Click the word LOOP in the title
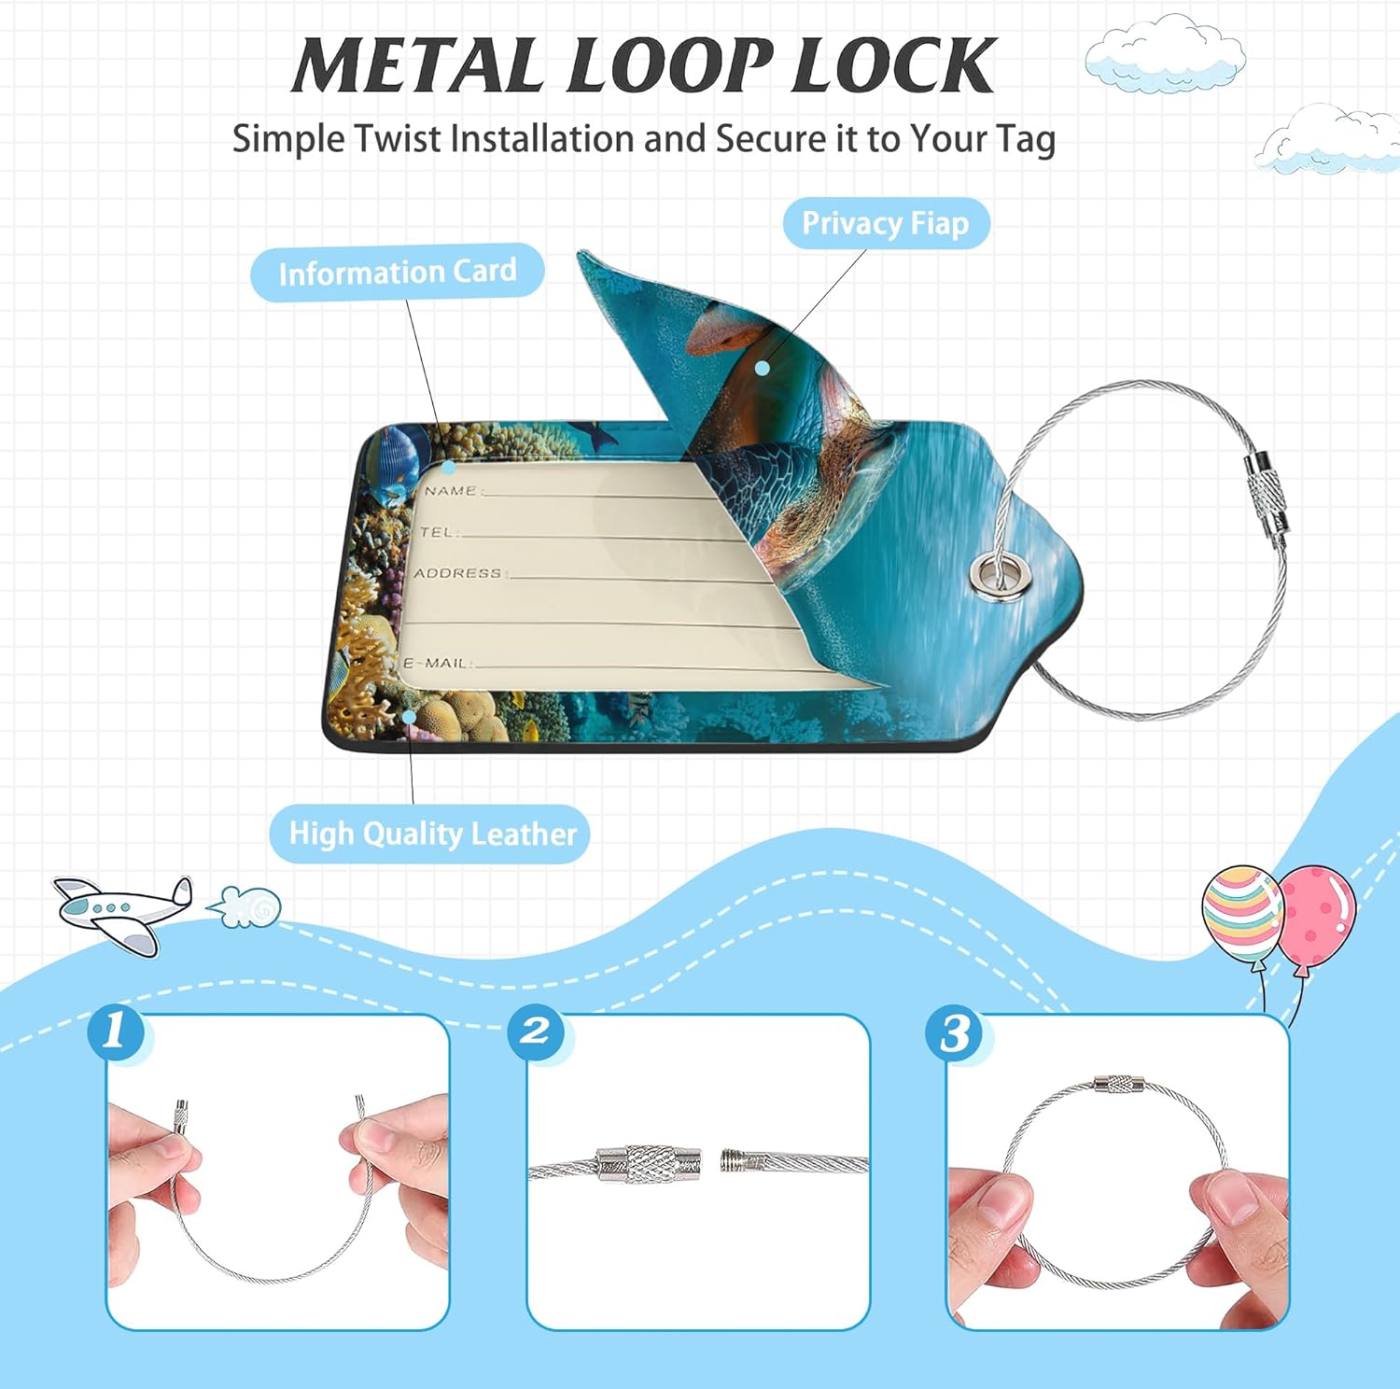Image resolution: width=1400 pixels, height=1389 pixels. click(x=669, y=65)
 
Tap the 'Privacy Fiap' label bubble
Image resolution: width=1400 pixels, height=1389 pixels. click(x=886, y=223)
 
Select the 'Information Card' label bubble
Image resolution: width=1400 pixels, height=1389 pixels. click(x=398, y=272)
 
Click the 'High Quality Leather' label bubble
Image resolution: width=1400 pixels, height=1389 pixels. click(x=430, y=834)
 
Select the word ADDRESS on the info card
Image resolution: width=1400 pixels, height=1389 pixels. click(x=458, y=572)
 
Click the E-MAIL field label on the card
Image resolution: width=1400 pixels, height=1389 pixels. click(x=436, y=663)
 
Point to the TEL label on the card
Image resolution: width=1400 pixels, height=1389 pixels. click(x=438, y=531)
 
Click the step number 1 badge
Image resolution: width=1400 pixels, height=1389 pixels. click(x=117, y=1032)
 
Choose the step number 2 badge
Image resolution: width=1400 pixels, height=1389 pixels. click(x=536, y=1032)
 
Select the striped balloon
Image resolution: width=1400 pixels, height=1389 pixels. click(x=1242, y=910)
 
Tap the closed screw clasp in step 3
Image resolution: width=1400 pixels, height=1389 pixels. click(x=1119, y=1085)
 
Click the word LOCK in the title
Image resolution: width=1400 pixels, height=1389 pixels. click(x=893, y=65)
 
